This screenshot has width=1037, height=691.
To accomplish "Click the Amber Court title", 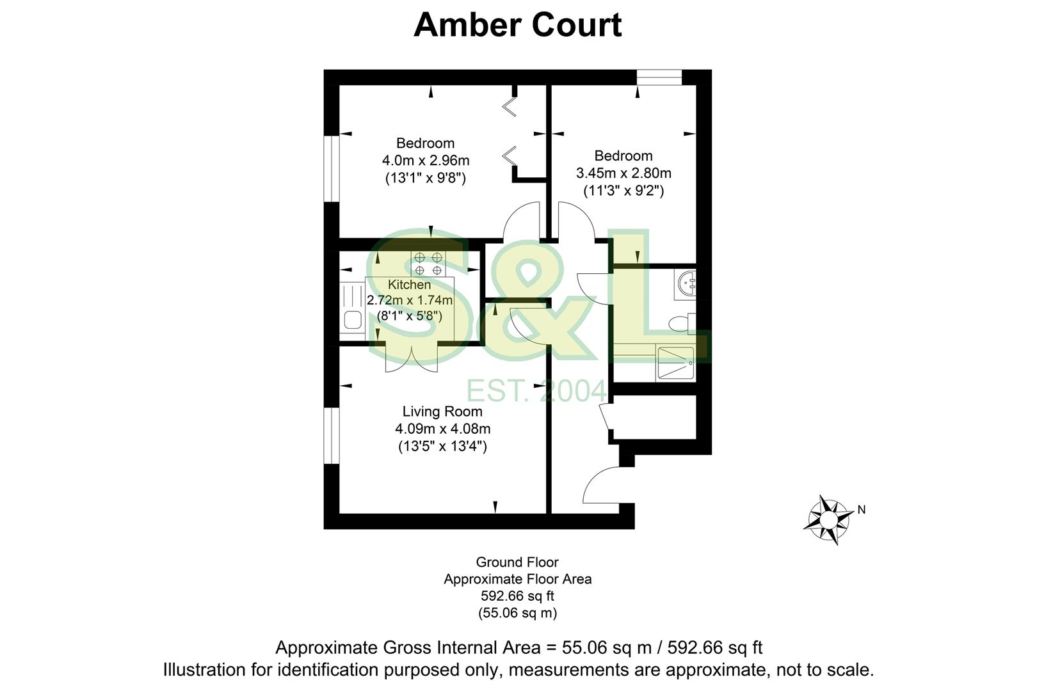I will [x=517, y=26].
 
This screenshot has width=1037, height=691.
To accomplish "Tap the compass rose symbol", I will [x=827, y=519].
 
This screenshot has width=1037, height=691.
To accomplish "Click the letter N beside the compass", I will [x=862, y=510].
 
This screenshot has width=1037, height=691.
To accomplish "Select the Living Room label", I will [x=442, y=411].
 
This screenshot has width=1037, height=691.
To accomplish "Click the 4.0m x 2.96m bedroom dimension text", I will [x=426, y=160].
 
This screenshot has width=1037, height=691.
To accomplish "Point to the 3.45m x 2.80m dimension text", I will [x=623, y=173].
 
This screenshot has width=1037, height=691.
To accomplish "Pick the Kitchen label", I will [x=410, y=284].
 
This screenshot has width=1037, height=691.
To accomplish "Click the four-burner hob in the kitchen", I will [x=428, y=264].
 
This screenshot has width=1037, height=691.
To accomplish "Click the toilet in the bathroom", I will [x=682, y=324].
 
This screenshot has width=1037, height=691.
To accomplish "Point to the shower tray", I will [x=675, y=365].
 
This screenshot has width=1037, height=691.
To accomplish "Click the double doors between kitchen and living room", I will [x=412, y=357].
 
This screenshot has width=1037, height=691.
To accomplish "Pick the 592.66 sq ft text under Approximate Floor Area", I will [x=517, y=596].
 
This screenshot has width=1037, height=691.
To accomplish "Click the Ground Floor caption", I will [x=517, y=562].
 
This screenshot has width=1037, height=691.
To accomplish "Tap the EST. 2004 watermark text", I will [x=536, y=390].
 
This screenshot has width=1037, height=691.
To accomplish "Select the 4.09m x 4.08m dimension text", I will [x=443, y=429].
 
